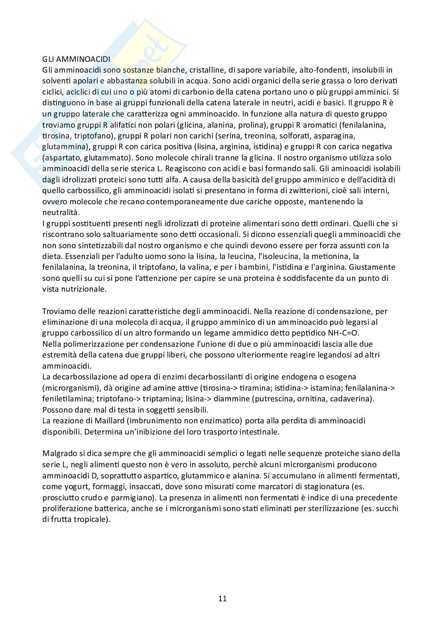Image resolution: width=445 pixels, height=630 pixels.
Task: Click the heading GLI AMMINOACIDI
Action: (x=76, y=59)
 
